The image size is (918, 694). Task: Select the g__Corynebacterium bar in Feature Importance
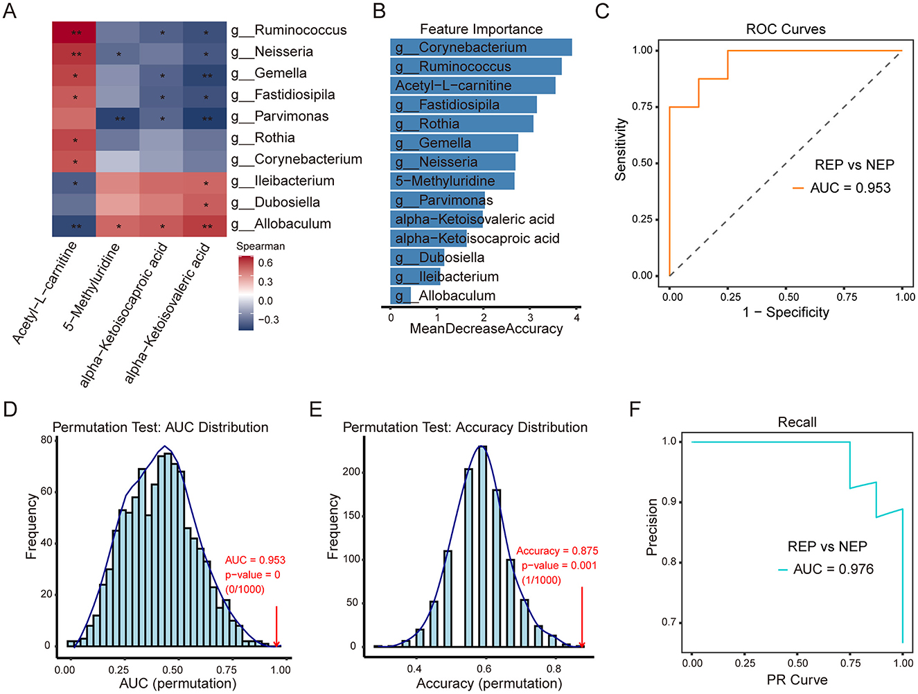point(480,47)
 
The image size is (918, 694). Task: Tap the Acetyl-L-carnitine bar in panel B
point(472,85)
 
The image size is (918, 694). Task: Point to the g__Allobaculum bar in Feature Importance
point(400,296)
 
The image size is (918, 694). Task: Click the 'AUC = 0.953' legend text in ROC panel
point(850,188)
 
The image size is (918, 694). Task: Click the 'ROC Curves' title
point(786,29)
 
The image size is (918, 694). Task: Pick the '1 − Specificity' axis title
point(786,313)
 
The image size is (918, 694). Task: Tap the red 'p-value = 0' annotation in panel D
point(252,575)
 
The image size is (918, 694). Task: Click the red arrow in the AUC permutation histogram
point(276,627)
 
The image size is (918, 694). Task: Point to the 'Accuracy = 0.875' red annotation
point(557,550)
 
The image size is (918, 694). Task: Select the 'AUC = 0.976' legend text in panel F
point(833,569)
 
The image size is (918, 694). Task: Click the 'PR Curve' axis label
point(797,680)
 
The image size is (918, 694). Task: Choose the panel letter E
point(316,409)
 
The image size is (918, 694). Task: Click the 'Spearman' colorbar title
point(261,246)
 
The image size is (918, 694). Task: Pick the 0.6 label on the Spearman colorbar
point(265,263)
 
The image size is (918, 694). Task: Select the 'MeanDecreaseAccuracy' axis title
point(486,329)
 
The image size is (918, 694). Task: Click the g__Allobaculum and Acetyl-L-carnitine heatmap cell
point(74,226)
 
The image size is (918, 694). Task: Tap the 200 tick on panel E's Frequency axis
point(353,472)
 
